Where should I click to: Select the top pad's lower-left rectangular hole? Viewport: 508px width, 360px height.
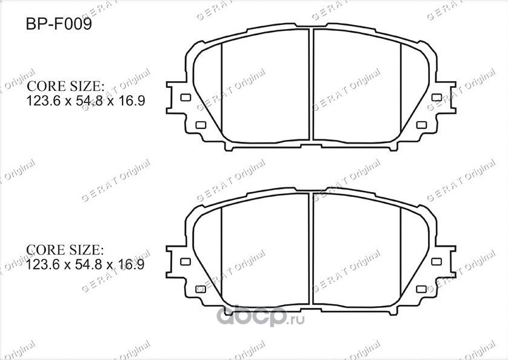click(201, 125)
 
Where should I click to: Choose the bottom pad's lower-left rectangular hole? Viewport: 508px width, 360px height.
click(201, 289)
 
